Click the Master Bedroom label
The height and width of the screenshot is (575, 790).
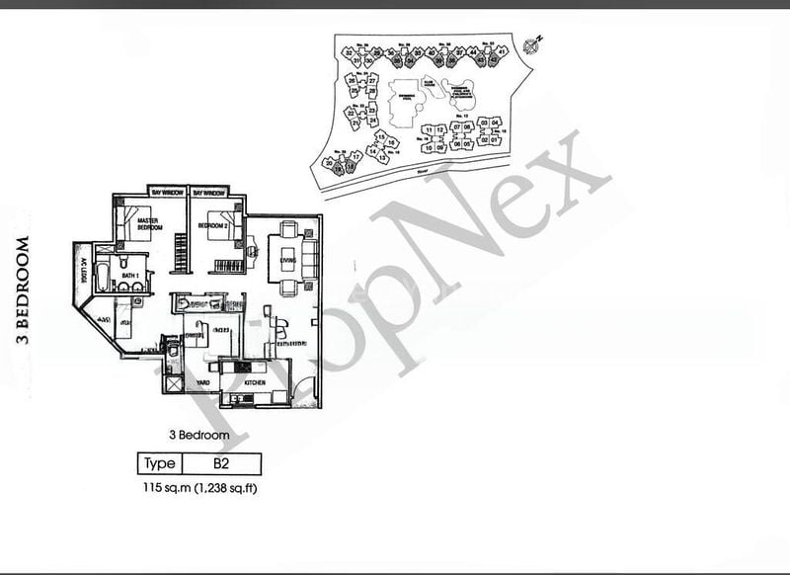point(149,224)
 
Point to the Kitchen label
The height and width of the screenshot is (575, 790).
point(258,380)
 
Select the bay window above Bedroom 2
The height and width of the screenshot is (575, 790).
point(211,192)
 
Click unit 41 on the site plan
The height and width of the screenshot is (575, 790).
point(503,51)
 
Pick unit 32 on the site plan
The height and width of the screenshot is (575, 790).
point(349,52)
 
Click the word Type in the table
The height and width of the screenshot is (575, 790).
point(159,463)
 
